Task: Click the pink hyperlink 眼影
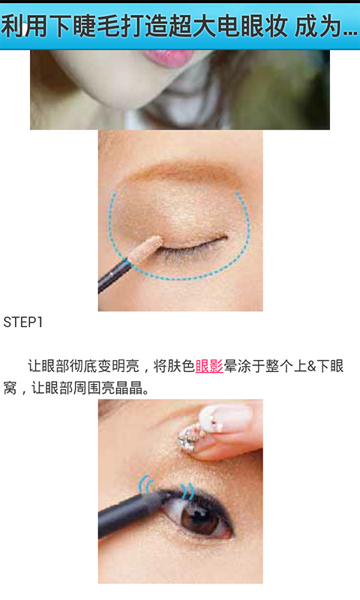(x=209, y=366)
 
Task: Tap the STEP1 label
(x=23, y=322)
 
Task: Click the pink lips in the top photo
(x=169, y=58)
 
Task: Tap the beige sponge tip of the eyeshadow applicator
(x=147, y=249)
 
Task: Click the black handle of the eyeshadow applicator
(x=115, y=274)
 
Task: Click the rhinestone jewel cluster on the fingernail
(x=191, y=436)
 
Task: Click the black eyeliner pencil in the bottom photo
(x=134, y=510)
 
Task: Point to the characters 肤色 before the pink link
(x=181, y=366)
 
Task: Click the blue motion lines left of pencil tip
(x=146, y=484)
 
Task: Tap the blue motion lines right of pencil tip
(x=187, y=490)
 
